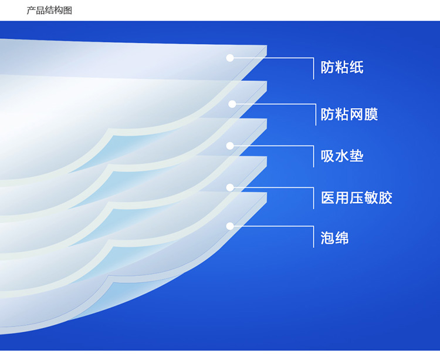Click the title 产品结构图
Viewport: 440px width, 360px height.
pos(49,11)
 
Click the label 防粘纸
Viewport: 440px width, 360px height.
pos(342,68)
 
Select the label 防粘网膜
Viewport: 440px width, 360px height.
pos(350,115)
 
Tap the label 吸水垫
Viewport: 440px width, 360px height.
pos(342,156)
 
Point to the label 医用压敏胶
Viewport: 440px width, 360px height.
pos(357,197)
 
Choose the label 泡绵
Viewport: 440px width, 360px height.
pos(335,238)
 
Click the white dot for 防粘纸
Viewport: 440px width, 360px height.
pos(230,58)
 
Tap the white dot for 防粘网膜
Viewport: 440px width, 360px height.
pos(232,104)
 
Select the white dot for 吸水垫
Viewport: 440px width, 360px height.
pos(230,146)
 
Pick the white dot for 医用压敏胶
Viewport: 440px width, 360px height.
pos(230,187)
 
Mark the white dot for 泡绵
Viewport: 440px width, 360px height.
pos(230,226)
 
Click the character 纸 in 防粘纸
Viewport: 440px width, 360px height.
pos(357,68)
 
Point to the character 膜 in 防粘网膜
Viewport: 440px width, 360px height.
pos(371,115)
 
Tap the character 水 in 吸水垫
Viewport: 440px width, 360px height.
pos(342,156)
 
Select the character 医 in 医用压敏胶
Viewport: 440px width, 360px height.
pos(328,197)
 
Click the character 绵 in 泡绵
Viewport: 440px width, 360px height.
pos(342,238)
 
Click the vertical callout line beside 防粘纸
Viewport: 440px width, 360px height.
pos(313,69)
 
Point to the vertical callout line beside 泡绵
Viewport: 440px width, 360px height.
pos(313,237)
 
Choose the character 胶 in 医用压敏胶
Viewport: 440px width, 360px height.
pos(385,197)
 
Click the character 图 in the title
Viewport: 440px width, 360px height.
pos(68,11)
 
